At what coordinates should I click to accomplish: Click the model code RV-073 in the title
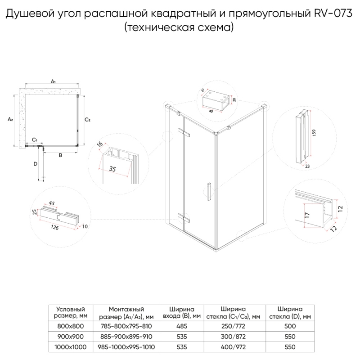pyautogui.click(x=333, y=15)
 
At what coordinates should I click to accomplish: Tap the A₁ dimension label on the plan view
pyautogui.click(x=53, y=81)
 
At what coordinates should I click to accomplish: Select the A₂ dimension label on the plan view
pyautogui.click(x=10, y=119)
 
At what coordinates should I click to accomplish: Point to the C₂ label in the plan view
pyautogui.click(x=88, y=120)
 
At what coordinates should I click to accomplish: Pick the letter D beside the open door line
pyautogui.click(x=35, y=164)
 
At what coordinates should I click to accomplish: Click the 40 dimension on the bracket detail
pyautogui.click(x=211, y=110)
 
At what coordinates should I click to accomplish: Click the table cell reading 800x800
pyautogui.click(x=70, y=326)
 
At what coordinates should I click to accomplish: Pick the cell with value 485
pyautogui.click(x=182, y=326)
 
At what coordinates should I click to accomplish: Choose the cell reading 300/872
pyautogui.click(x=233, y=337)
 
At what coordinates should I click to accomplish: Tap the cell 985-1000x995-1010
pyautogui.click(x=126, y=347)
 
